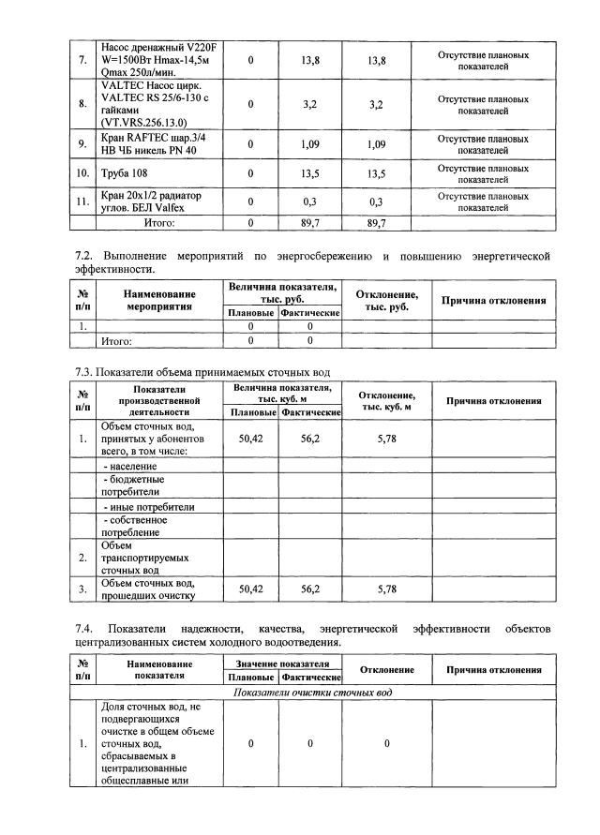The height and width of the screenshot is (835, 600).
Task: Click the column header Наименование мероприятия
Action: click(155, 299)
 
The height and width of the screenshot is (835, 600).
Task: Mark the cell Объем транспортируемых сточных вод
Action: click(133, 557)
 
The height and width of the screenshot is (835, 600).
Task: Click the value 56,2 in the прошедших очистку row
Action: click(310, 589)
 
